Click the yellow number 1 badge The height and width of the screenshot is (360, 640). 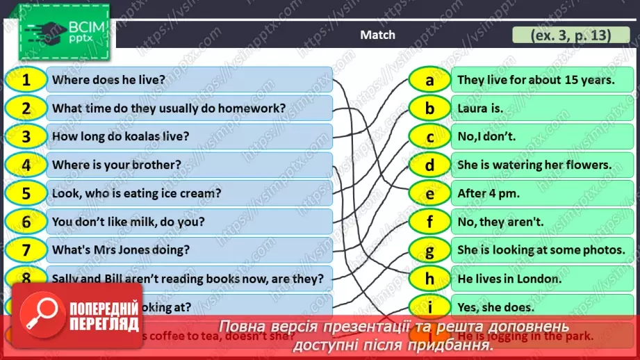[x=26, y=80]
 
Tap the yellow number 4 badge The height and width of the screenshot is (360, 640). [x=26, y=165]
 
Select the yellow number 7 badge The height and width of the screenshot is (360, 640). [x=26, y=249]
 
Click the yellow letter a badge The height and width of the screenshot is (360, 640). [x=429, y=80]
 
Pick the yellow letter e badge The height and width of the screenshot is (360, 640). [x=429, y=194]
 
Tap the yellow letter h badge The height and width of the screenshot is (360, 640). [x=429, y=279]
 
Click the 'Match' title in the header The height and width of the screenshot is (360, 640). [x=378, y=35]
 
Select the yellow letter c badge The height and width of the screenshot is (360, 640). [x=429, y=137]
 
